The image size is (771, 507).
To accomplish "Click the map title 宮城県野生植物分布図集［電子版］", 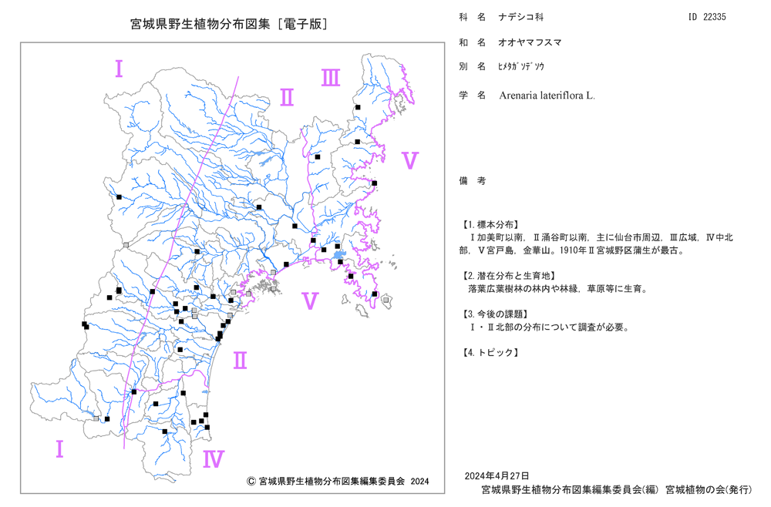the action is pyautogui.click(x=229, y=24).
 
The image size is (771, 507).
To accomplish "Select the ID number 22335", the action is pyautogui.click(x=715, y=17).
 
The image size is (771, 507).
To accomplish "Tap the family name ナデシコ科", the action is pyautogui.click(x=521, y=17).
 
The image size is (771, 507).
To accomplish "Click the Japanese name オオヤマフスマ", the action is pyautogui.click(x=530, y=42).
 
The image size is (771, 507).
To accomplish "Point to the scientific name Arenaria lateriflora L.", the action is pyautogui.click(x=547, y=96).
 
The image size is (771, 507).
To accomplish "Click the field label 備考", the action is pyautogui.click(x=473, y=181).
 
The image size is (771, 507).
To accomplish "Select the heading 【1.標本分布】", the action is pyautogui.click(x=490, y=225).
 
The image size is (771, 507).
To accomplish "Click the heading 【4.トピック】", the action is pyautogui.click(x=490, y=353).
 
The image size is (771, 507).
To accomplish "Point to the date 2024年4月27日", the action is pyautogui.click(x=497, y=476).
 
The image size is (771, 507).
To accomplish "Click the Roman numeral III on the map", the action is pyautogui.click(x=331, y=78).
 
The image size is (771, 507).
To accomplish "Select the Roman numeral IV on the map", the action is pyautogui.click(x=214, y=459).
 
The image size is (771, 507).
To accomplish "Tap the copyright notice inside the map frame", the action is pyautogui.click(x=338, y=482).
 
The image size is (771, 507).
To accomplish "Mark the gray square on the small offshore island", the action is pyautogui.click(x=386, y=300).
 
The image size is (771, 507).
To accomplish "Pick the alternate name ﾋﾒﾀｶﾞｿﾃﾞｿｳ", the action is pyautogui.click(x=521, y=67).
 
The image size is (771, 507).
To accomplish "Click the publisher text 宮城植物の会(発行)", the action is pyautogui.click(x=709, y=490).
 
